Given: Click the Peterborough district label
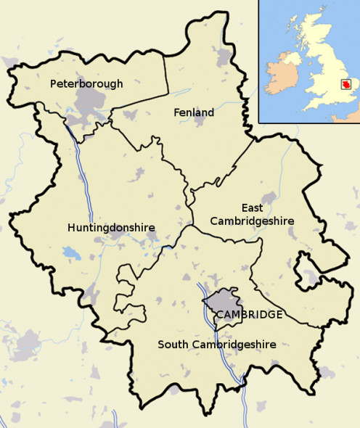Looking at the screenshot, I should pos(86,84).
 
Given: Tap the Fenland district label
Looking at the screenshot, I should pos(194,112).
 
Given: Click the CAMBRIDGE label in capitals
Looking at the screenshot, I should pos(249,314).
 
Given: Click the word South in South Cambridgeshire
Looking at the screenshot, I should pos(173,345).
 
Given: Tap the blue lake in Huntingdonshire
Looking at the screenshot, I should pos(71,253).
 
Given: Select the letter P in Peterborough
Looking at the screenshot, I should pos(53,84).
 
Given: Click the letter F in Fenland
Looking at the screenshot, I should pos(176,112).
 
